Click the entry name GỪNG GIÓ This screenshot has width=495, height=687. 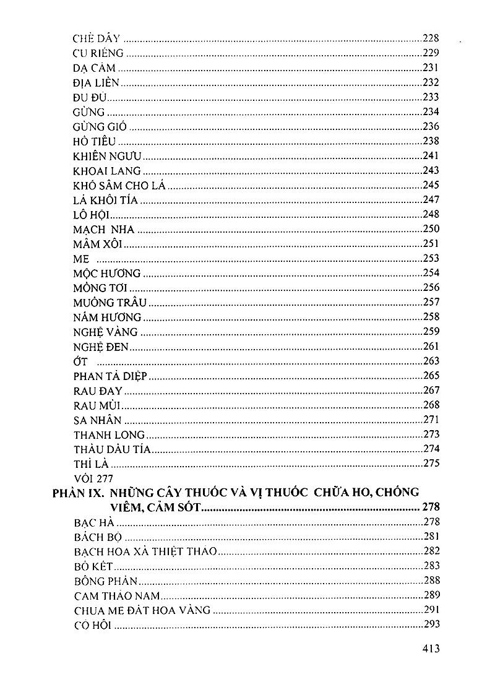[x=100, y=126]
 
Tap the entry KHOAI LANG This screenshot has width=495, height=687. [x=107, y=171]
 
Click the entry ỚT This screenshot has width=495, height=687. [x=80, y=361]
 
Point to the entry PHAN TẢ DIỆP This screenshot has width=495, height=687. [x=110, y=376]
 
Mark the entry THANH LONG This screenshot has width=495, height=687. [x=109, y=434]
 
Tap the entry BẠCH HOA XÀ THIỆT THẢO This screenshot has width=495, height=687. [x=145, y=551]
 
